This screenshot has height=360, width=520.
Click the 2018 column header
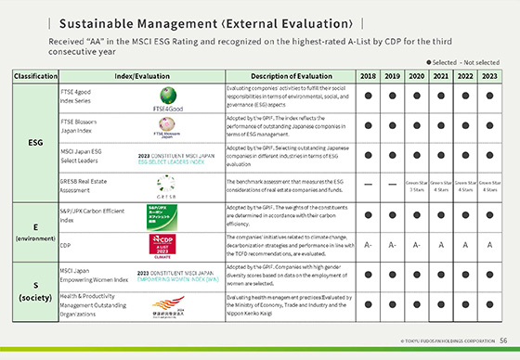(x=368, y=75)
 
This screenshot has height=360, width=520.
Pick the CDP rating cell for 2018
(x=368, y=245)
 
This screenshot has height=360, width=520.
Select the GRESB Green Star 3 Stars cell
(x=415, y=186)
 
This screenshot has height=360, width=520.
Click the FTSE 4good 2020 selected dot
(x=415, y=96)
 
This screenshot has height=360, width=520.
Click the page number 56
(x=501, y=341)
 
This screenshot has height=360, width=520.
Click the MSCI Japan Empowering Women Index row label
(x=86, y=276)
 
